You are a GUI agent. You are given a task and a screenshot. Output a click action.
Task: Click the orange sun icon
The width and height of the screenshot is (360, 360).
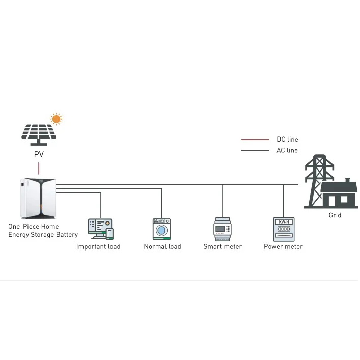[56, 119]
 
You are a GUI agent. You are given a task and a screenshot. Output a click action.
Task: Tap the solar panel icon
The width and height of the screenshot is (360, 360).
[38, 132]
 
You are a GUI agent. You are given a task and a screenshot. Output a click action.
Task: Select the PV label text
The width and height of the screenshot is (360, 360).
[39, 154]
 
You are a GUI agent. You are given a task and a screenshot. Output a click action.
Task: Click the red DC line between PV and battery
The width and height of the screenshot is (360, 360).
[39, 169]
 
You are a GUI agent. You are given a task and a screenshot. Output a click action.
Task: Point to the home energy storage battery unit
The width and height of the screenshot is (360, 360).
[37, 198]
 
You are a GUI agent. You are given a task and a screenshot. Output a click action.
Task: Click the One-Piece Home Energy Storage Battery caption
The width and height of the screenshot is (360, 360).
[43, 231]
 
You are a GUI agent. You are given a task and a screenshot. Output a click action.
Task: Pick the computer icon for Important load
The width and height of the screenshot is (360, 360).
[100, 228]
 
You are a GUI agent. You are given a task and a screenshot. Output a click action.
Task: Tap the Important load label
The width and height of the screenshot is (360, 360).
[98, 247]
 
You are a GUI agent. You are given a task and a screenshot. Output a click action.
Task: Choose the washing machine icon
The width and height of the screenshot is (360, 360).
[161, 229]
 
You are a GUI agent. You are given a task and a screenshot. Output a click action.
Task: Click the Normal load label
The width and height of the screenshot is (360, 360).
[162, 247]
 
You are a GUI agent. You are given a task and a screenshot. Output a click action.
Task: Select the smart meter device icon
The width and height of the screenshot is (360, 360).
[223, 229]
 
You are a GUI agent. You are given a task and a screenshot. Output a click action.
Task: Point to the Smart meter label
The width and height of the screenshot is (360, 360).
[223, 247]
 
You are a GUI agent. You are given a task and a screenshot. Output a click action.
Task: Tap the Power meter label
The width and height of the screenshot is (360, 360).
[283, 247]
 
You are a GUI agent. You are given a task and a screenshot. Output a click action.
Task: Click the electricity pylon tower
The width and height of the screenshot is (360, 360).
[316, 178]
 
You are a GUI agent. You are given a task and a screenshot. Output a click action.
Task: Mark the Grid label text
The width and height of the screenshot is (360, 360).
[335, 215]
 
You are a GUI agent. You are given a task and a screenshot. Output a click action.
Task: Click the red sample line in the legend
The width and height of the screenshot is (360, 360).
[255, 139]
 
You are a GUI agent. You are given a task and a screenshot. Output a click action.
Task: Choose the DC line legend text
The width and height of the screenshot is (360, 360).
[287, 140]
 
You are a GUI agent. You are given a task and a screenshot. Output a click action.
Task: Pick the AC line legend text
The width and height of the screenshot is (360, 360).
[287, 150]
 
